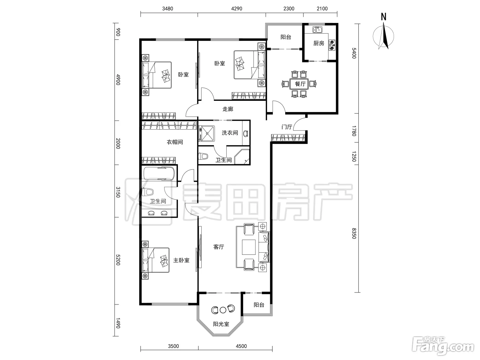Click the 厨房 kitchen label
click(x=319, y=43)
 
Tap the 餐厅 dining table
click(x=299, y=84)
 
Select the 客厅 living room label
click(x=219, y=247)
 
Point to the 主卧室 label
click(x=181, y=260)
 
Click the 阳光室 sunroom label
click(x=221, y=324)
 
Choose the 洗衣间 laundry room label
click(x=230, y=133)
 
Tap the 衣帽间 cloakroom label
click(x=175, y=142)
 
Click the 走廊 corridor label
click(x=228, y=109)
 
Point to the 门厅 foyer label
click(x=287, y=127)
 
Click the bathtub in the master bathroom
click(x=159, y=173)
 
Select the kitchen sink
click(x=317, y=29)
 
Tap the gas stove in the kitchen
click(x=332, y=45)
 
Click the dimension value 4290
click(x=237, y=9)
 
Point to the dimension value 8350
click(x=354, y=233)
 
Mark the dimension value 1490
click(x=118, y=323)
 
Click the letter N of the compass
click(x=384, y=17)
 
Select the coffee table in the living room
click(x=249, y=247)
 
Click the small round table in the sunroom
click(x=223, y=310)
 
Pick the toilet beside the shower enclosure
click(x=203, y=156)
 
